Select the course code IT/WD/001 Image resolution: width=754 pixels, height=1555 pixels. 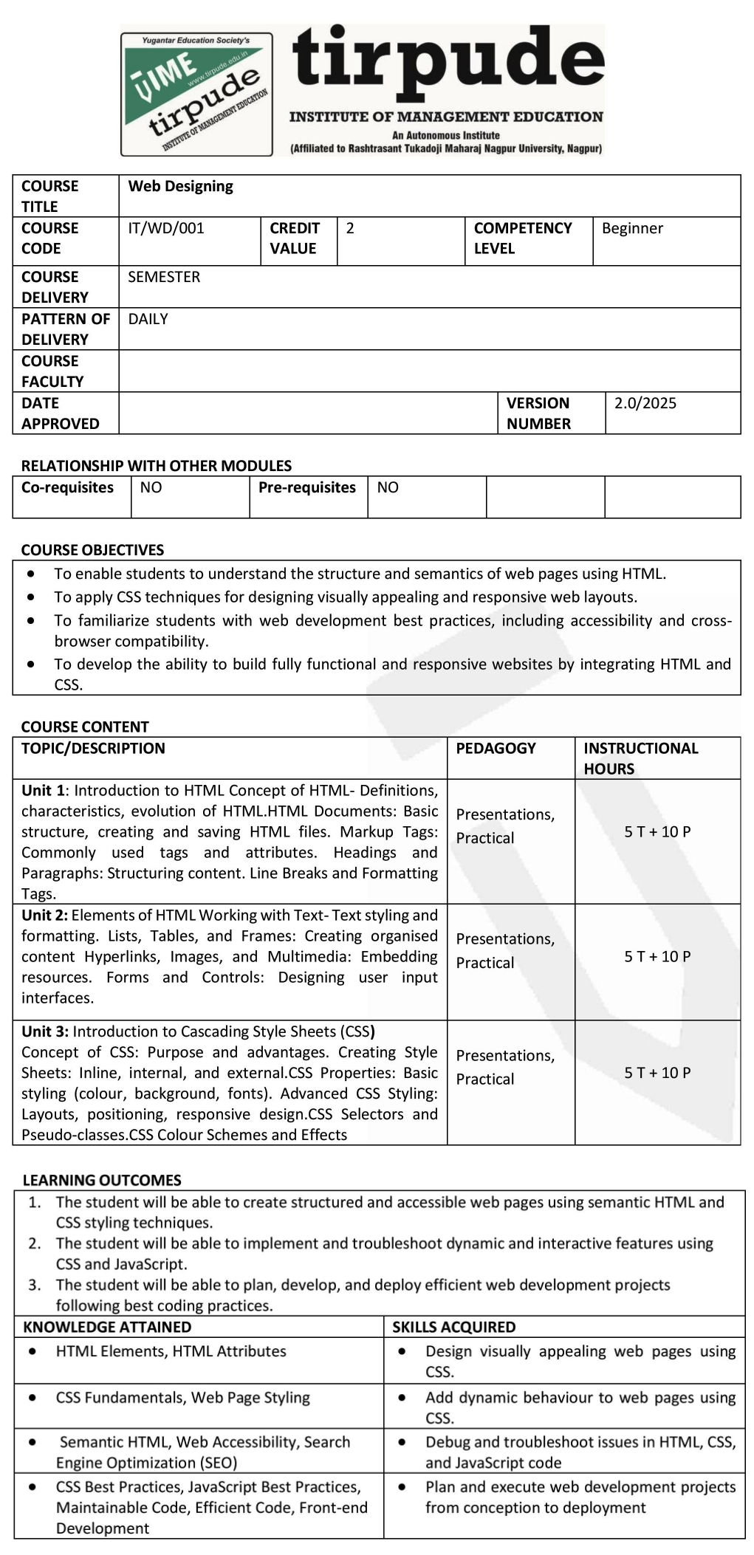[x=165, y=228]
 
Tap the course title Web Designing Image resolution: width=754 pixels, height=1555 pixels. [x=180, y=186]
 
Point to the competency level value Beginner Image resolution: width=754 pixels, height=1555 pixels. [x=632, y=228]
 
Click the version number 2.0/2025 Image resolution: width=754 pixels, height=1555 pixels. [x=645, y=403]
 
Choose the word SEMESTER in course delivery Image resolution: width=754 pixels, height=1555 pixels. [x=164, y=277]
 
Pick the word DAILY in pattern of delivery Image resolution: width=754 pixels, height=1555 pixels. [x=148, y=319]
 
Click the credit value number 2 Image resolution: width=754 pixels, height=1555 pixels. [x=350, y=228]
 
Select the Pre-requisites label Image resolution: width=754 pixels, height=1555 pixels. [x=306, y=487]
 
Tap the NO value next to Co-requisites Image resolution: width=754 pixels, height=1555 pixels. [x=151, y=487]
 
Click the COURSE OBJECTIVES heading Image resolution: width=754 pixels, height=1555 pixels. [x=92, y=550]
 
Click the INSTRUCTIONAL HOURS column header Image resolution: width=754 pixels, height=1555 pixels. [x=640, y=758]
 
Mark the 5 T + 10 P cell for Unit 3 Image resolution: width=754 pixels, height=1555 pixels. [x=657, y=1073]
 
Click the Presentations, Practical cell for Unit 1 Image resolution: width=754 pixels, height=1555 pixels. [x=505, y=826]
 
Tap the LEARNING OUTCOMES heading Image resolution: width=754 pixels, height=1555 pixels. [x=102, y=1180]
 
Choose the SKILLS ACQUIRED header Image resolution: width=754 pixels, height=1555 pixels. [x=453, y=1327]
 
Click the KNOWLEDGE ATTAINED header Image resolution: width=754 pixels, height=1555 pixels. [x=107, y=1327]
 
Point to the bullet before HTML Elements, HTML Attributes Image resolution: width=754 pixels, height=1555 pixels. [x=32, y=1350]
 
